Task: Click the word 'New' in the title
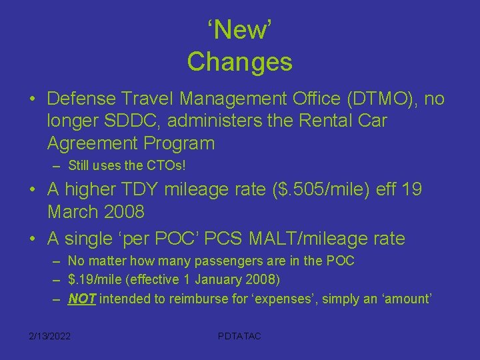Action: [x=240, y=30]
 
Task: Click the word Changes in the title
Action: [x=240, y=61]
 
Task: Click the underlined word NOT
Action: [x=82, y=299]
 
